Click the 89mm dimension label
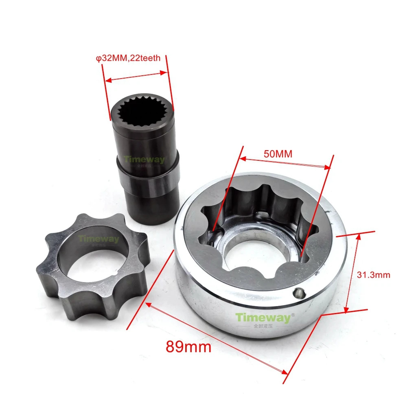[188, 346]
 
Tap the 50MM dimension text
[278, 154]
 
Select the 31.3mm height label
[373, 275]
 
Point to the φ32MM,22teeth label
[128, 58]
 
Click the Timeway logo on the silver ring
[263, 318]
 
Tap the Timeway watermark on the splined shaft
[144, 160]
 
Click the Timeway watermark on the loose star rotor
[98, 239]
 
